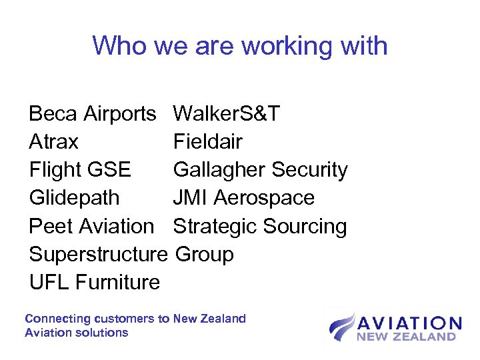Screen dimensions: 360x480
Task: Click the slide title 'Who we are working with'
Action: point(240,46)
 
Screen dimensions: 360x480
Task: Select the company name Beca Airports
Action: point(92,114)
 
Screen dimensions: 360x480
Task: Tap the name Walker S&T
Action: point(226,114)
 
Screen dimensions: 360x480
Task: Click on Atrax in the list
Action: point(53,142)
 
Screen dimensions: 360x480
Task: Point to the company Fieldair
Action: point(207,142)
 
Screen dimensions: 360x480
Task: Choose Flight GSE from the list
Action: point(80,170)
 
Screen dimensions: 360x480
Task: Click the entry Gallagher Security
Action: point(260,170)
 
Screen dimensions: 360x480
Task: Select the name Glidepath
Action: point(74,198)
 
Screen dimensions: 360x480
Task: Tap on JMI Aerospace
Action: point(243,198)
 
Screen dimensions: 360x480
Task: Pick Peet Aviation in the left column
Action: point(91,226)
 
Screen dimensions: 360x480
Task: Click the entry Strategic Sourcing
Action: point(260,226)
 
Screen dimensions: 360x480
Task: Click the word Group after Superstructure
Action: point(203,254)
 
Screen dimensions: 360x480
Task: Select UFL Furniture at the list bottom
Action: point(95,282)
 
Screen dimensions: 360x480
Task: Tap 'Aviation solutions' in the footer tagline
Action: point(76,332)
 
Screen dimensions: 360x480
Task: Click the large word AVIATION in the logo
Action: point(409,324)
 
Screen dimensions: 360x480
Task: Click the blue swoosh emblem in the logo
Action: point(341,327)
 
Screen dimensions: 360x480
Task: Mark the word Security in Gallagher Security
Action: point(306,170)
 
